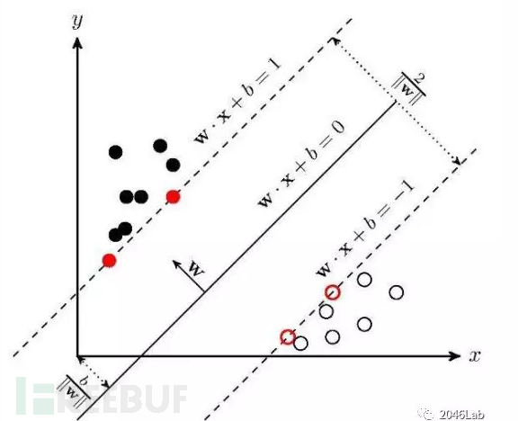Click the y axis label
[76, 22]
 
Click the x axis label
[475, 356]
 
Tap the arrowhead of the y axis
[77, 43]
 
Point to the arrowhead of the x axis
[455, 356]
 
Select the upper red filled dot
[173, 197]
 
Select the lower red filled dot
[109, 260]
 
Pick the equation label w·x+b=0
[301, 165]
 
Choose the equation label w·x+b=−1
[365, 229]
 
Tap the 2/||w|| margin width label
[409, 87]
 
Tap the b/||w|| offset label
[75, 390]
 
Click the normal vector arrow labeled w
[188, 276]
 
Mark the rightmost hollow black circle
[397, 292]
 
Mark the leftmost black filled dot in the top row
[116, 152]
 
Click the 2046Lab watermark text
[462, 414]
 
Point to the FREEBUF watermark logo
[102, 395]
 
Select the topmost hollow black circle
[364, 279]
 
